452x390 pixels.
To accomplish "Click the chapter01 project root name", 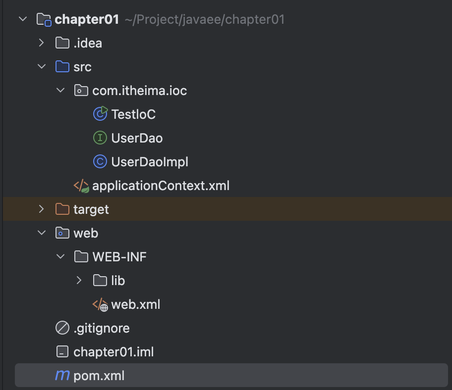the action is point(87,19).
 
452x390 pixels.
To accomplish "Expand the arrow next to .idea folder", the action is point(42,43).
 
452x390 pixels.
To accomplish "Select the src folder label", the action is point(82,67).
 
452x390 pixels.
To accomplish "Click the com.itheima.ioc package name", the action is point(139,91).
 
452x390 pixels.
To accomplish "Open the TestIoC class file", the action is point(133,114).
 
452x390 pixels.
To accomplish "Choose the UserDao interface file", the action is point(137,138).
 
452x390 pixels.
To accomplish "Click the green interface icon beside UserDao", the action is point(100,138).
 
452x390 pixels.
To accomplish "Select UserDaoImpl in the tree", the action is point(150,162).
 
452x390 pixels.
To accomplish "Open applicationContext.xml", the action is point(161,186).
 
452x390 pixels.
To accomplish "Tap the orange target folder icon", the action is point(62,209).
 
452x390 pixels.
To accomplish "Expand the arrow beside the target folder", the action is point(42,209).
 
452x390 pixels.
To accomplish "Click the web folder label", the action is point(86,233).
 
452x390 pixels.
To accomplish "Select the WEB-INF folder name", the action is point(119,257).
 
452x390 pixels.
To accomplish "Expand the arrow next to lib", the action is point(79,281).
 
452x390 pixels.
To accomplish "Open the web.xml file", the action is point(135,304).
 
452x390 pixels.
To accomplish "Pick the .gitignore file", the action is point(101,328).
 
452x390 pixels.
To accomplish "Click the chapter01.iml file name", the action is point(113,352).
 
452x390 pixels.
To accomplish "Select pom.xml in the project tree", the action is point(99,376).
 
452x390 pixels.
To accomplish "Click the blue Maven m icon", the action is point(62,376).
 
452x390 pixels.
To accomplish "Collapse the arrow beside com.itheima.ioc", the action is point(60,91).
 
